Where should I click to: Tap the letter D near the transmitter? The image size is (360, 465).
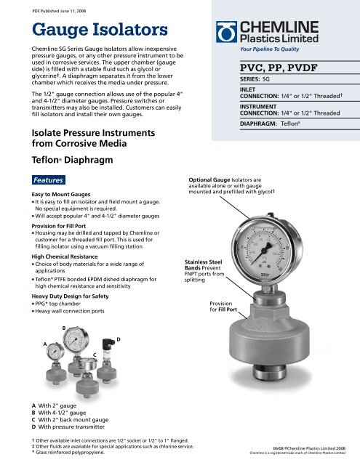pyautogui.click(x=118, y=339)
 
